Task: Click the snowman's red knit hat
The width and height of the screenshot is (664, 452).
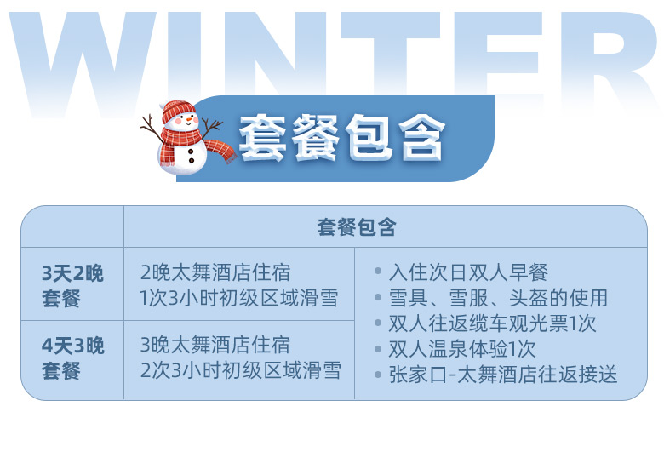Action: click(x=178, y=111)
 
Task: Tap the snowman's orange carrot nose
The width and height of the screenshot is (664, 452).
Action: click(x=189, y=119)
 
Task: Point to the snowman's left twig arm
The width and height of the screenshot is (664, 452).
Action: click(x=151, y=127)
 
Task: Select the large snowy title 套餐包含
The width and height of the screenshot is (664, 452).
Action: click(x=342, y=138)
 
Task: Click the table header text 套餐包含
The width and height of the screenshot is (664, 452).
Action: click(x=357, y=227)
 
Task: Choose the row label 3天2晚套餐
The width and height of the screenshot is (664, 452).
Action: click(x=72, y=286)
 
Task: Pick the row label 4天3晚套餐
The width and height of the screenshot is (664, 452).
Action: click(x=72, y=358)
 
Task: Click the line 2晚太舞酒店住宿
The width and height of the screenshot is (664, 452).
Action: click(x=215, y=272)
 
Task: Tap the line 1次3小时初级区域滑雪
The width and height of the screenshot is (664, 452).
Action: click(x=239, y=298)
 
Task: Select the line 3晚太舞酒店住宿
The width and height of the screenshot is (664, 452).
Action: click(x=215, y=345)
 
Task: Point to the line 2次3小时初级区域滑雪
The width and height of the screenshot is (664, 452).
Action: click(x=241, y=370)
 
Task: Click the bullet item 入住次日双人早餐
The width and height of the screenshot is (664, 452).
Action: click(x=468, y=272)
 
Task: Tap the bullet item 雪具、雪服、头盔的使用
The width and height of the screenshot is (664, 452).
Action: click(x=498, y=298)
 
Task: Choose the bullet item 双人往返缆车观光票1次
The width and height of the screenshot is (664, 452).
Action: click(x=493, y=323)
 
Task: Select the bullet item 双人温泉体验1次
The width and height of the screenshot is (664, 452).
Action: click(x=462, y=349)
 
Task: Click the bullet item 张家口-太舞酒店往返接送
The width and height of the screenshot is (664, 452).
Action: click(x=503, y=375)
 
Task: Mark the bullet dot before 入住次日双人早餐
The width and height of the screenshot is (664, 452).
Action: click(x=378, y=272)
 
